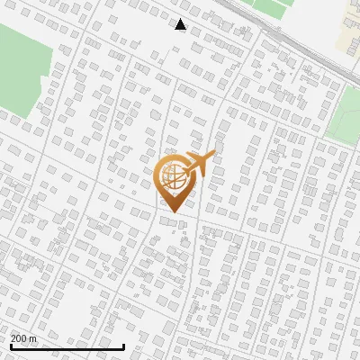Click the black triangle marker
pos(181,24)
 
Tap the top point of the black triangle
pos(181,18)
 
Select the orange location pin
pos(173,180)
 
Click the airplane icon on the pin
pos(198,165)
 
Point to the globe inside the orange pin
pos(173,176)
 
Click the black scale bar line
pos(67,346)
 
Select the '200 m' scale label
pos(23,338)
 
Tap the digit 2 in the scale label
pos(13,338)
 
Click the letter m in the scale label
pos(33,338)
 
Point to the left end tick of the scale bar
pos(11,345)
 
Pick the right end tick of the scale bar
pos(124,345)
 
